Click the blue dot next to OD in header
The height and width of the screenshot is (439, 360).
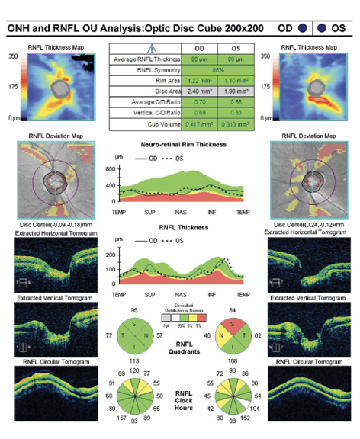(x=302, y=28)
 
